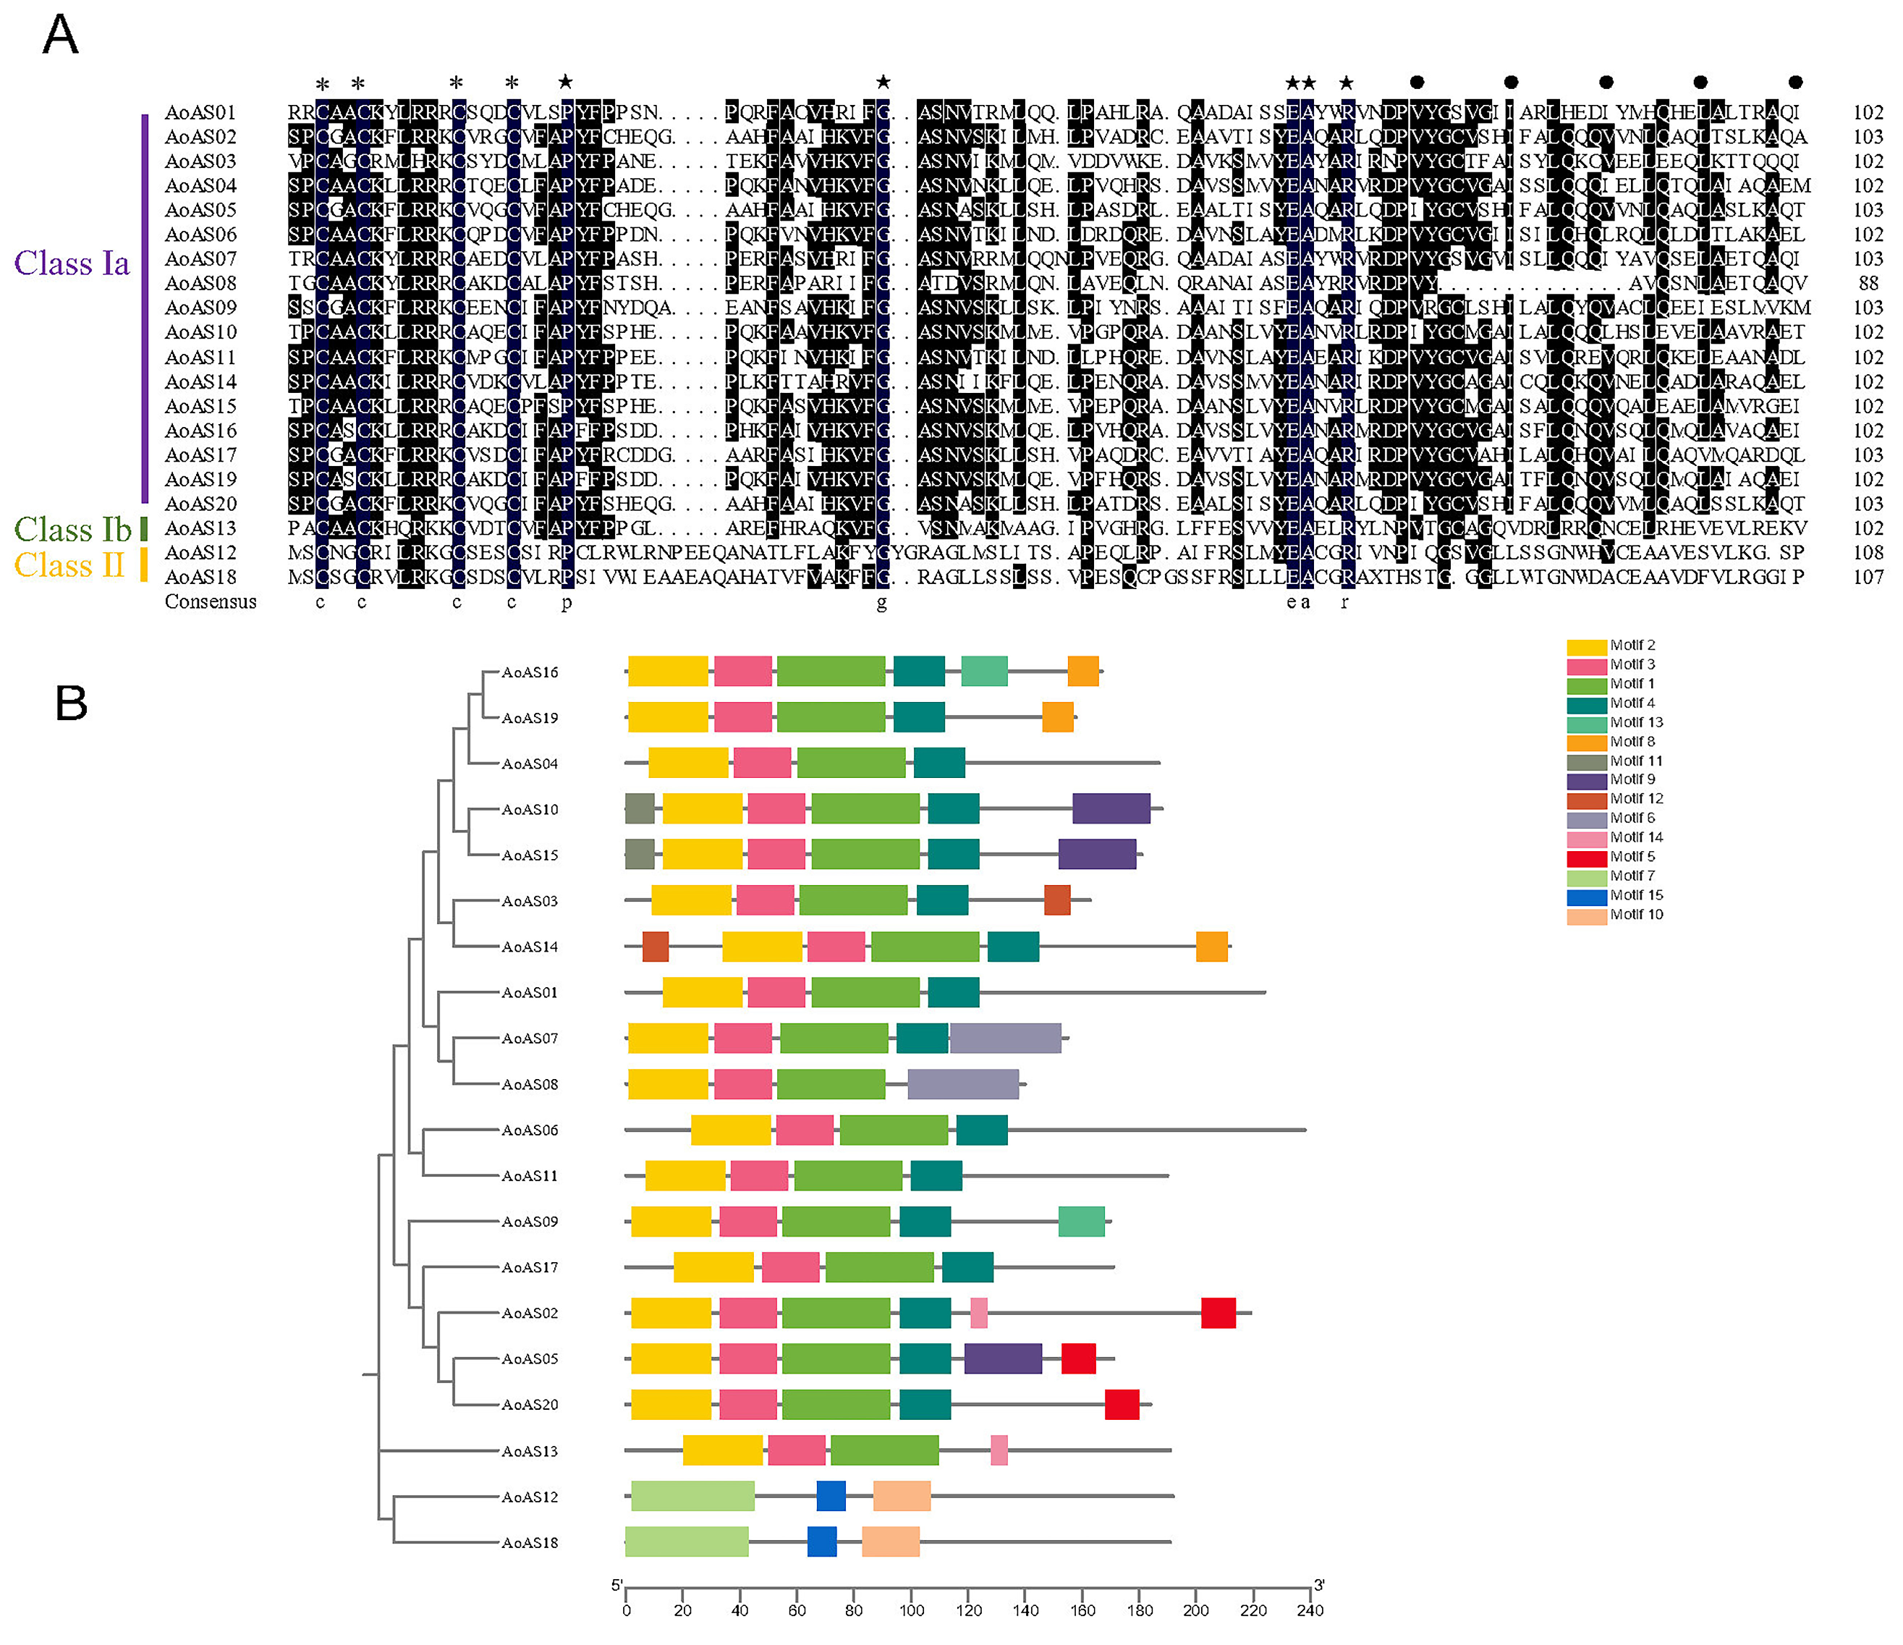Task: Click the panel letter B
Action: click(71, 703)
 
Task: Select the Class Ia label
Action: click(72, 263)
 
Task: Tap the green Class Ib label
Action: click(72, 529)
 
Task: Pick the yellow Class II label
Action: click(69, 565)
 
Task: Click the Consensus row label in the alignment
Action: click(211, 601)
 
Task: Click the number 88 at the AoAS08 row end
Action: click(1868, 283)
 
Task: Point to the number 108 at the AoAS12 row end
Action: click(1868, 553)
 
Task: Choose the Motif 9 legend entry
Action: click(1632, 779)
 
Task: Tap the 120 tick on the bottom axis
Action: click(968, 1610)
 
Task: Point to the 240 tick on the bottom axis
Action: click(1310, 1610)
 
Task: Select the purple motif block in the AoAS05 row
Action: click(1003, 1358)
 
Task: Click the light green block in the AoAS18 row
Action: click(686, 1542)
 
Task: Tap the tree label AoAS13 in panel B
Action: click(529, 1451)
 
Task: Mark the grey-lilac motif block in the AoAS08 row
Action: click(962, 1085)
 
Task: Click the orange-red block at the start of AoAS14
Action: click(655, 947)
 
